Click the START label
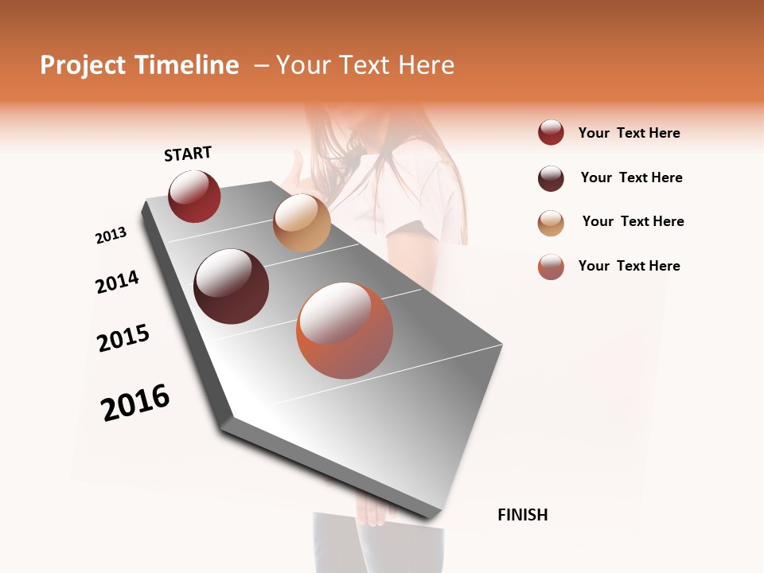click(188, 154)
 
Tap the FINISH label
click(522, 515)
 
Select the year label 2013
click(111, 235)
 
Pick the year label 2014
click(117, 282)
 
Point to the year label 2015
click(123, 338)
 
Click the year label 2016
click(135, 402)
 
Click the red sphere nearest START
click(194, 197)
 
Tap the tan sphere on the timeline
click(302, 223)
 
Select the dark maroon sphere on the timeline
click(231, 286)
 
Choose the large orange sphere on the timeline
click(345, 330)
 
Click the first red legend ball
click(551, 133)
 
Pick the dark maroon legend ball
click(551, 178)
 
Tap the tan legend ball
click(551, 223)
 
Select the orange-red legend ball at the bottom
click(551, 267)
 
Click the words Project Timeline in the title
click(139, 65)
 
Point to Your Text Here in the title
click(364, 65)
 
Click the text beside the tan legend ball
click(633, 221)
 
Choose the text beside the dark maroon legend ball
click(631, 177)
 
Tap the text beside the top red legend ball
click(629, 133)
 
